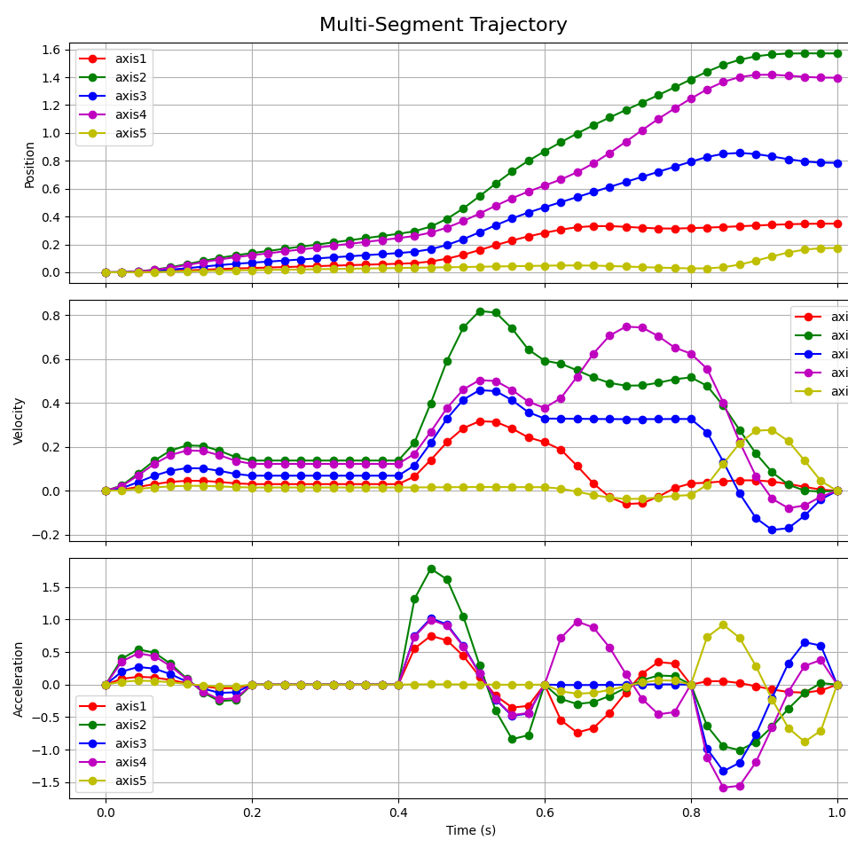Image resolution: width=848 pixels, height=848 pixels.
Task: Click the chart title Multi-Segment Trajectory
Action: (x=443, y=25)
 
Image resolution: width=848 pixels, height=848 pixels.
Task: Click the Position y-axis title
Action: (x=29, y=164)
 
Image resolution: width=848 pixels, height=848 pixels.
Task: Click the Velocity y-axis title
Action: (x=19, y=420)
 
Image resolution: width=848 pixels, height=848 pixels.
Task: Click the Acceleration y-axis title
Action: (x=19, y=679)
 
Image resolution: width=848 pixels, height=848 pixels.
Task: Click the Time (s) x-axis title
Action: (x=471, y=830)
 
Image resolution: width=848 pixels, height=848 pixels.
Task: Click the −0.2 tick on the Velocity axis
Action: (x=46, y=535)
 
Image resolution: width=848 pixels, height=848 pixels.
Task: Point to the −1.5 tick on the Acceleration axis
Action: (x=46, y=782)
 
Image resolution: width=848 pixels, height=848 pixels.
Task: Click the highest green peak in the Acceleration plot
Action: (x=431, y=569)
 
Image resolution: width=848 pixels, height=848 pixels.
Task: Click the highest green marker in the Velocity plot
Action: (x=480, y=311)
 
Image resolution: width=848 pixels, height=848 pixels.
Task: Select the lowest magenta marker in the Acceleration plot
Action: (x=724, y=788)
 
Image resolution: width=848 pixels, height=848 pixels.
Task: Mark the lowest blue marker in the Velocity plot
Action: (x=773, y=530)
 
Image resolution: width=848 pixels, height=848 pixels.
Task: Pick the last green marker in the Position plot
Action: (x=837, y=53)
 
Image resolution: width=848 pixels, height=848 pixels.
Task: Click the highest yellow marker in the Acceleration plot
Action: (x=724, y=624)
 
